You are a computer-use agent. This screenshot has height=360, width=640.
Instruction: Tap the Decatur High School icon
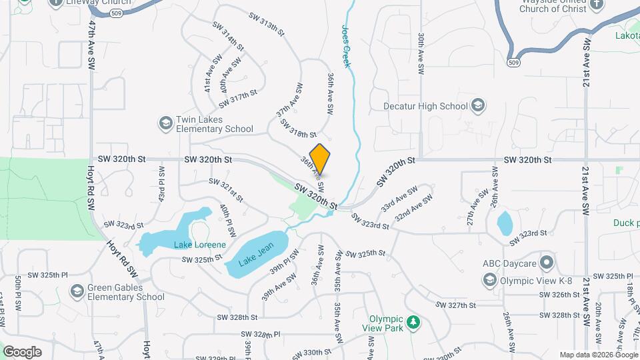click(x=477, y=105)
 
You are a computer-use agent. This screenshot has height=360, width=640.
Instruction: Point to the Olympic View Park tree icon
click(x=414, y=323)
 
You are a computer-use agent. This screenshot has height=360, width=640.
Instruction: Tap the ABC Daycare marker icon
click(x=547, y=262)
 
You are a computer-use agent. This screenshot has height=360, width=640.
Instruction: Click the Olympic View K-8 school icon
click(x=490, y=280)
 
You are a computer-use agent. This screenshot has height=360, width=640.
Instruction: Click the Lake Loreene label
click(x=199, y=245)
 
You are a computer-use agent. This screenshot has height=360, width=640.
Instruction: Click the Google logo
click(x=22, y=351)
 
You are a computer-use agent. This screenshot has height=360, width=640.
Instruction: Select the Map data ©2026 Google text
click(x=599, y=355)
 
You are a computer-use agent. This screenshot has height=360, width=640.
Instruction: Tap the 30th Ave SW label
click(x=421, y=53)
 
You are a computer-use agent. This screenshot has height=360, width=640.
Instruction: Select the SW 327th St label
click(x=456, y=305)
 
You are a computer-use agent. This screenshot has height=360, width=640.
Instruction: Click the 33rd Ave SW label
click(x=399, y=199)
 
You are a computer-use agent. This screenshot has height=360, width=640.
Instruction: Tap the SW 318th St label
click(x=298, y=129)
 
